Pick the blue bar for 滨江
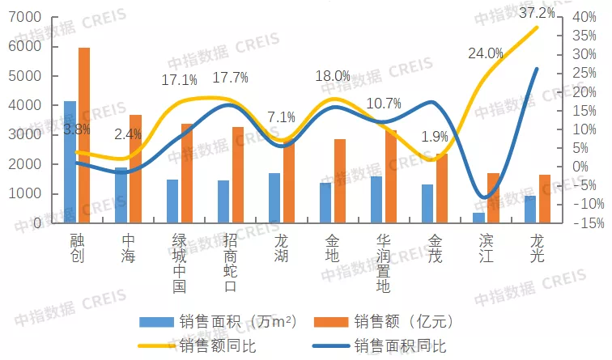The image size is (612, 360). [x=478, y=218]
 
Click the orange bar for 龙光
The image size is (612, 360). [x=544, y=199]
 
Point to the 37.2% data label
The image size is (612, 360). [x=538, y=13]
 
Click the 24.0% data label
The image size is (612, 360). [x=486, y=53]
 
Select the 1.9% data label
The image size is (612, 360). [x=435, y=137]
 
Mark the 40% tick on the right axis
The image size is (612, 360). [x=583, y=18]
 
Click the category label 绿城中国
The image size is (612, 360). [x=180, y=263]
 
